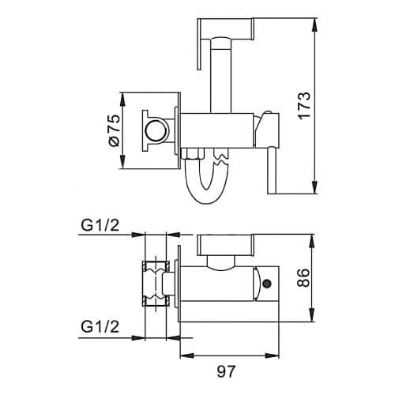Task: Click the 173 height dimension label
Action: (x=305, y=105)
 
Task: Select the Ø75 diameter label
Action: (x=115, y=130)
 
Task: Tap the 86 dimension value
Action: (x=303, y=277)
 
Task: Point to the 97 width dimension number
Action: (x=226, y=371)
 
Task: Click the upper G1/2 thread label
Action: (x=100, y=225)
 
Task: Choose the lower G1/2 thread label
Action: (x=100, y=326)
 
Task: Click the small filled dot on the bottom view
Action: (x=267, y=284)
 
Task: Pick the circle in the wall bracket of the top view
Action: (x=156, y=130)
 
